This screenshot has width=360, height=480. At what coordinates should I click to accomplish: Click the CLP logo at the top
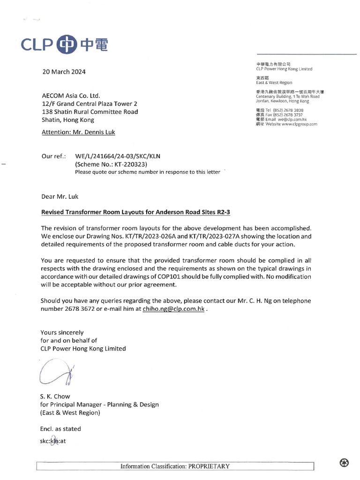65,45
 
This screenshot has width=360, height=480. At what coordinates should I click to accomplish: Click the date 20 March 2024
64,72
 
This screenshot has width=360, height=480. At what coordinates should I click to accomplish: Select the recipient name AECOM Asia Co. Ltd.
71,95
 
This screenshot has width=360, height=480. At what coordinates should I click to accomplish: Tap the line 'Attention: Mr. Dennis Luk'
78,132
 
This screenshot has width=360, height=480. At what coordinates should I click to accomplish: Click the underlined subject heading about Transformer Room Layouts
135,212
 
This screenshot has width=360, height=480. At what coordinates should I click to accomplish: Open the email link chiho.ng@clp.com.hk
173,309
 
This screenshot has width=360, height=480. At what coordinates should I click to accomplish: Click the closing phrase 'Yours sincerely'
62,332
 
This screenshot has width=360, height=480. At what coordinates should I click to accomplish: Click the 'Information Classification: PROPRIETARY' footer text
175,466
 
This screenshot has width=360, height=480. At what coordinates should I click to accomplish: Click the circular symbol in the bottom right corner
344,463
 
